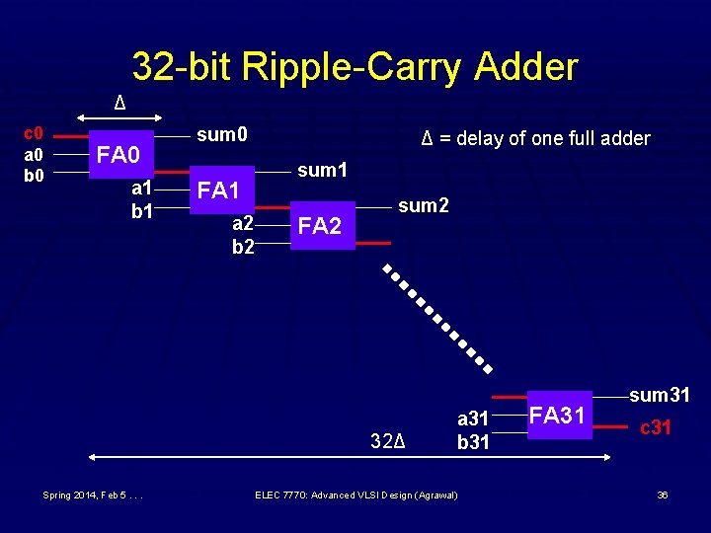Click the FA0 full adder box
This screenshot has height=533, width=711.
tap(122, 154)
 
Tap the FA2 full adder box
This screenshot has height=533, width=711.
tap(322, 226)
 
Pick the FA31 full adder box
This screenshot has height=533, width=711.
tap(559, 416)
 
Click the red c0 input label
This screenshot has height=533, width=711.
tap(33, 133)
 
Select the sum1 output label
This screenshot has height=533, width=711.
tap(323, 170)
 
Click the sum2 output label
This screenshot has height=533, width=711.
tap(424, 206)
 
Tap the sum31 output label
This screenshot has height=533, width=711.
tap(660, 396)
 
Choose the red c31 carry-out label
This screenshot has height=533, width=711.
tap(656, 427)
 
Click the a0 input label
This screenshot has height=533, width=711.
tap(33, 155)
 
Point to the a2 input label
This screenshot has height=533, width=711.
tap(243, 226)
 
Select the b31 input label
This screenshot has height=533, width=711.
tap(472, 441)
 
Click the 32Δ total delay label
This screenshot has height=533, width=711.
tap(389, 437)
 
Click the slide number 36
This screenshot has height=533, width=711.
tap(662, 495)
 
